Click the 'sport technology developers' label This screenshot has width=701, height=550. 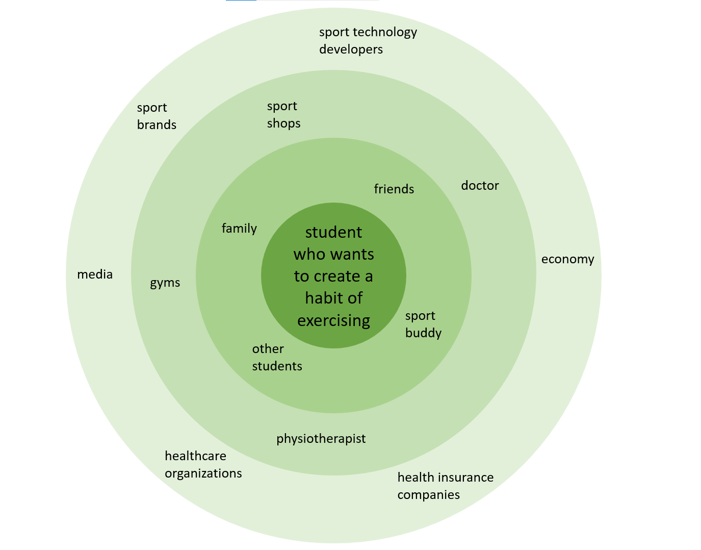pyautogui.click(x=368, y=40)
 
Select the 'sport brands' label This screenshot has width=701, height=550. pyautogui.click(x=157, y=116)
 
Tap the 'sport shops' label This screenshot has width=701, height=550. pyautogui.click(x=283, y=114)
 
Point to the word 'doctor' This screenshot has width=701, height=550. pyautogui.click(x=480, y=186)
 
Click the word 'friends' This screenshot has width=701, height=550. pyautogui.click(x=394, y=189)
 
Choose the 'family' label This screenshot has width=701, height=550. pyautogui.click(x=239, y=229)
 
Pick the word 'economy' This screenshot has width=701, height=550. pyautogui.click(x=567, y=259)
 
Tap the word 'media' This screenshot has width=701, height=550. pyautogui.click(x=95, y=274)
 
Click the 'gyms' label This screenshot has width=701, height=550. pyautogui.click(x=165, y=283)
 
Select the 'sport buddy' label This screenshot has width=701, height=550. pyautogui.click(x=423, y=324)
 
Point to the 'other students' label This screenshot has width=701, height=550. pyautogui.click(x=277, y=357)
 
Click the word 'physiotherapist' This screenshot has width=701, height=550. pyautogui.click(x=321, y=439)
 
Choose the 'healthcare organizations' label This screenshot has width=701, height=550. pyautogui.click(x=203, y=464)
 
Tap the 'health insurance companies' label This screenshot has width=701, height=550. pyautogui.click(x=445, y=486)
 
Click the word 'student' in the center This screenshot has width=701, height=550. pyautogui.click(x=333, y=233)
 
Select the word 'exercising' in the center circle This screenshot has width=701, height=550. pyautogui.click(x=333, y=320)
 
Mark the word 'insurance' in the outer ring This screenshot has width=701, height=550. pyautogui.click(x=464, y=478)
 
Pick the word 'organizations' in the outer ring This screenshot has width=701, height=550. pyautogui.click(x=203, y=473)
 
